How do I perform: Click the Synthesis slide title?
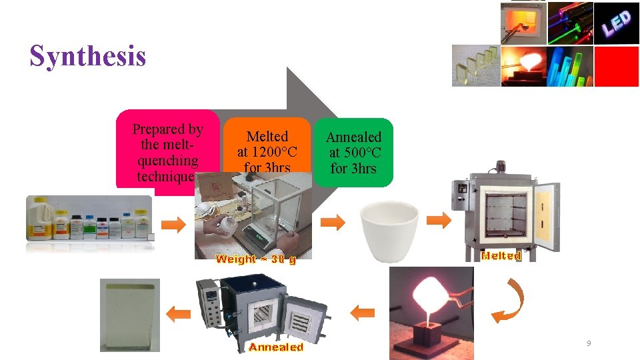point(87,56)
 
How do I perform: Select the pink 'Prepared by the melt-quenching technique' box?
point(167,150)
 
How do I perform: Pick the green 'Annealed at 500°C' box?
point(353,152)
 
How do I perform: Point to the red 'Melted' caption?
point(501,255)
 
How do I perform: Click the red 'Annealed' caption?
point(276,347)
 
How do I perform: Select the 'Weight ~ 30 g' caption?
point(255,259)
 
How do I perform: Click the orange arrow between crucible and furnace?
point(439,220)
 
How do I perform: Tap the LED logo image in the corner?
point(617,23)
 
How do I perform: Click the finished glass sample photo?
point(130,314)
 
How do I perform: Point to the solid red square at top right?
point(616,66)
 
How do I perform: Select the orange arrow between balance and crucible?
point(333,222)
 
